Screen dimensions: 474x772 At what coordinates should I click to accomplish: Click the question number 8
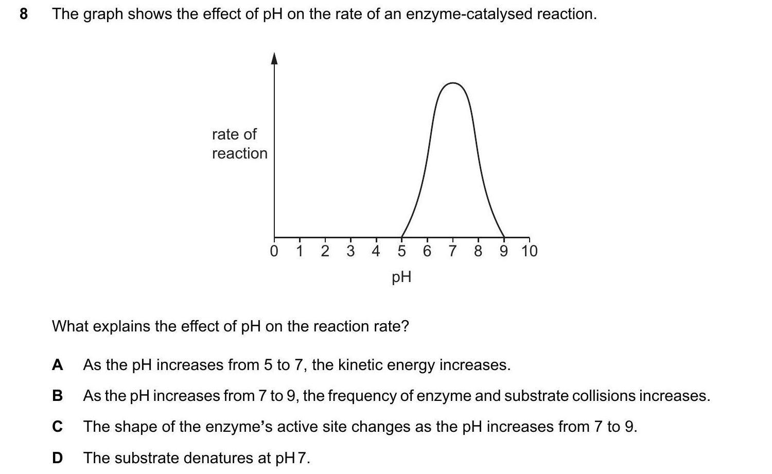[x=23, y=14]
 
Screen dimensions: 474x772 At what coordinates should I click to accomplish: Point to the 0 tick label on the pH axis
[x=274, y=251]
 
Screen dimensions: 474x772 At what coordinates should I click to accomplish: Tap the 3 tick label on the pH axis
[x=350, y=251]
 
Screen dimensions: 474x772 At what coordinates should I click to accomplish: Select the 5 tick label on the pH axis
[x=401, y=251]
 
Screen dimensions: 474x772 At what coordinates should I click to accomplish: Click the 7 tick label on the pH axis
[x=452, y=251]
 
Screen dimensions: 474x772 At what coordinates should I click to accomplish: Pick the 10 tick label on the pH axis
[x=529, y=251]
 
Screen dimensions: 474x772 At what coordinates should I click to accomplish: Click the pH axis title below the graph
[x=401, y=277]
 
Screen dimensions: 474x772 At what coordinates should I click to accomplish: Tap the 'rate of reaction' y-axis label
[x=239, y=144]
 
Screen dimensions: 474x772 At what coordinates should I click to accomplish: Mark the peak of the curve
[x=452, y=83]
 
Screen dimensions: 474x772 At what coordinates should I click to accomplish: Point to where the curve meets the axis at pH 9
[x=503, y=237]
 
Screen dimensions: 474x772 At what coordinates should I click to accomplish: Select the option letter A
[x=58, y=365]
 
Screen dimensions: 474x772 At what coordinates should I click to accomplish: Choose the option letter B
[x=58, y=396]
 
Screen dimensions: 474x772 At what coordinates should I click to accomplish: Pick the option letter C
[x=58, y=427]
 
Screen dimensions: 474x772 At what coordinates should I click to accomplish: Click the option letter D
[x=58, y=458]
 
